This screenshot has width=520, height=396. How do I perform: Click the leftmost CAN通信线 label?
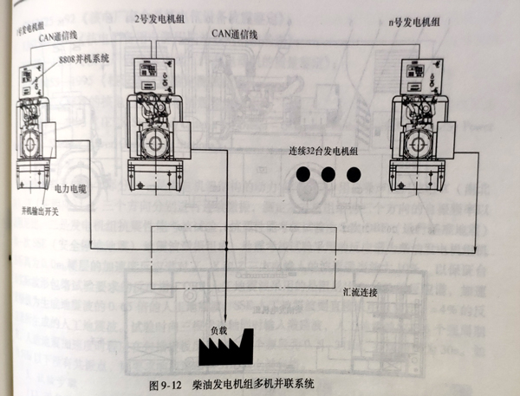[57, 36]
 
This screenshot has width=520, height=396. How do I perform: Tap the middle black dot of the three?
[328, 174]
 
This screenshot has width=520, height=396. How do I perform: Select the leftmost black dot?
[302, 174]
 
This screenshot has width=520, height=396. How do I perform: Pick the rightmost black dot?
[353, 174]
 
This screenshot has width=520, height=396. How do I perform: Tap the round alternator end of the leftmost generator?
[29, 139]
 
